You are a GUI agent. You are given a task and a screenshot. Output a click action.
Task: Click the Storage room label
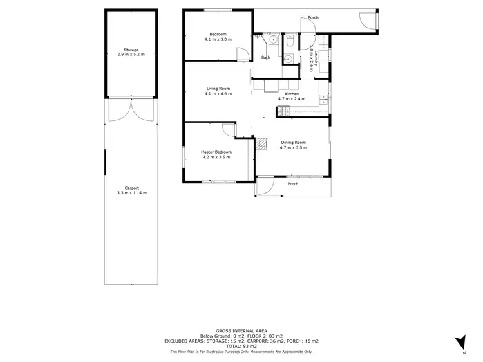pyautogui.click(x=131, y=50)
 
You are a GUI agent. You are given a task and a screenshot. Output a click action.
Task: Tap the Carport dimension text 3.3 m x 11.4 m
pyautogui.click(x=131, y=193)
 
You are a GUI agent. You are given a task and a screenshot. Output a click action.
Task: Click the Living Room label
pyautogui.click(x=218, y=89)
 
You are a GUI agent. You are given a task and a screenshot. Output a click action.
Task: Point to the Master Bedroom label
pyautogui.click(x=216, y=152)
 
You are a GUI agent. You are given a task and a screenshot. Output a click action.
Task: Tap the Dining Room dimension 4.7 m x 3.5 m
pyautogui.click(x=293, y=148)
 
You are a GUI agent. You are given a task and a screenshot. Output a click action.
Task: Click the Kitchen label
pyautogui.click(x=292, y=94)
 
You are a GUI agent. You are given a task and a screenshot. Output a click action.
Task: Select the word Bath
pyautogui.click(x=265, y=58)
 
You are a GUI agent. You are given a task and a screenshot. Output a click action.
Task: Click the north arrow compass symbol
pyautogui.click(x=460, y=343)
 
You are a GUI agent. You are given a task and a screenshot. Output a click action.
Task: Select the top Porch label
pyautogui.click(x=313, y=18)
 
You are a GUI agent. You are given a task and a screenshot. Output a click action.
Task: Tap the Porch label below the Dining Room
pyautogui.click(x=292, y=184)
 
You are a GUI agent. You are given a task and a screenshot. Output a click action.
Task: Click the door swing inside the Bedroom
pyautogui.click(x=242, y=54)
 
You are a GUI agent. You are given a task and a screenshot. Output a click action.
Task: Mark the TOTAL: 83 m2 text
pyautogui.click(x=241, y=347)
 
